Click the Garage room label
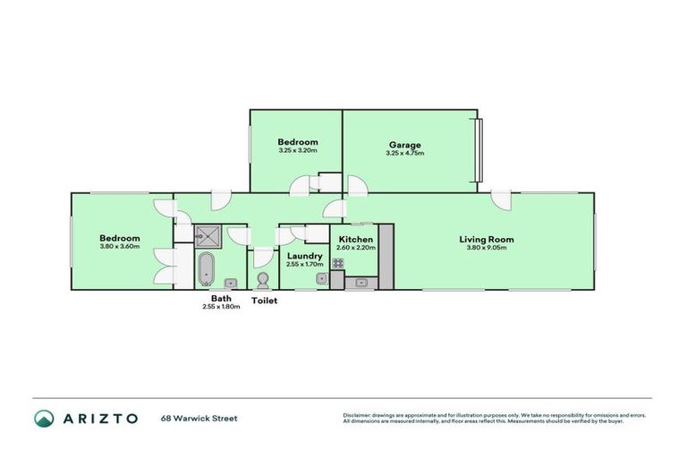404,145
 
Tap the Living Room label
487,239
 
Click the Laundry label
304,256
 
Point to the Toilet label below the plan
264,301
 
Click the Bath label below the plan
221,299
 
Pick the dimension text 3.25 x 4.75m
404,154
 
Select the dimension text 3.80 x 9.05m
487,249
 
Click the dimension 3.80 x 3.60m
119,248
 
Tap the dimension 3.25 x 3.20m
297,151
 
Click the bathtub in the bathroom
206,267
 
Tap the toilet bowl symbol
263,280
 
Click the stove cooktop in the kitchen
339,263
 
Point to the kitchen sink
361,282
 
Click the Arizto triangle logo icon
44,418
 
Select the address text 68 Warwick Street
199,418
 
